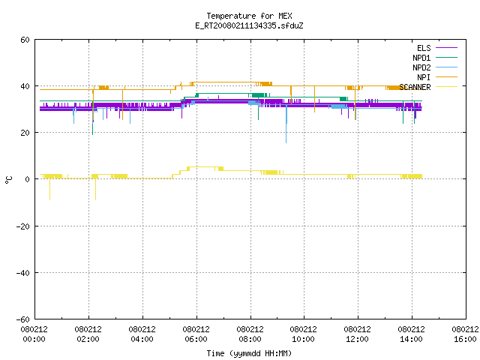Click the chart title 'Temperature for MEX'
point(249,16)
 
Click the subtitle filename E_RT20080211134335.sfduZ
point(249,25)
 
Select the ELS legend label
point(424,48)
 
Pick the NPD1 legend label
point(421,58)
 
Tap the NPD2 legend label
point(421,67)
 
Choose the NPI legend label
point(424,77)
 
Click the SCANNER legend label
point(415,87)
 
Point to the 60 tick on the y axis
point(25,40)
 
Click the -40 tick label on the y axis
point(23,273)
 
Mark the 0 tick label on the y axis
point(27,179)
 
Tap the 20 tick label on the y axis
point(25,133)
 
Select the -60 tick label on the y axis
point(23,319)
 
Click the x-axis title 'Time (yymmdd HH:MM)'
point(249,353)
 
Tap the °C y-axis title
point(9,180)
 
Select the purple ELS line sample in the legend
point(446,48)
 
